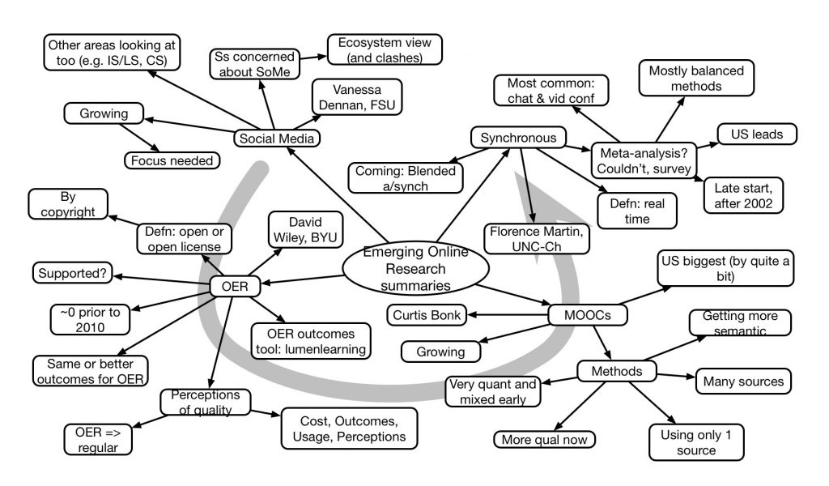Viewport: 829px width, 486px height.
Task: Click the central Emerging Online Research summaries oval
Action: tap(415, 269)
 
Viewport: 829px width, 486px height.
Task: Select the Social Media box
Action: tap(275, 139)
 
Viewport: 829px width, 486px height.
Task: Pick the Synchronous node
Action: tap(518, 138)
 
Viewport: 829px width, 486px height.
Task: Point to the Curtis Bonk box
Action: tap(428, 314)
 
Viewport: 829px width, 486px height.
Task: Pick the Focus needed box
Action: tap(172, 160)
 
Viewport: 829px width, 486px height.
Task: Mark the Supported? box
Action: tap(72, 274)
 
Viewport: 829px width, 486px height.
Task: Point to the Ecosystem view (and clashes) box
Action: tap(385, 49)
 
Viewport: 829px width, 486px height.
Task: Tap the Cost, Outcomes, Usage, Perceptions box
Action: tap(349, 428)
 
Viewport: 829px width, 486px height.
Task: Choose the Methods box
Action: tap(617, 371)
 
